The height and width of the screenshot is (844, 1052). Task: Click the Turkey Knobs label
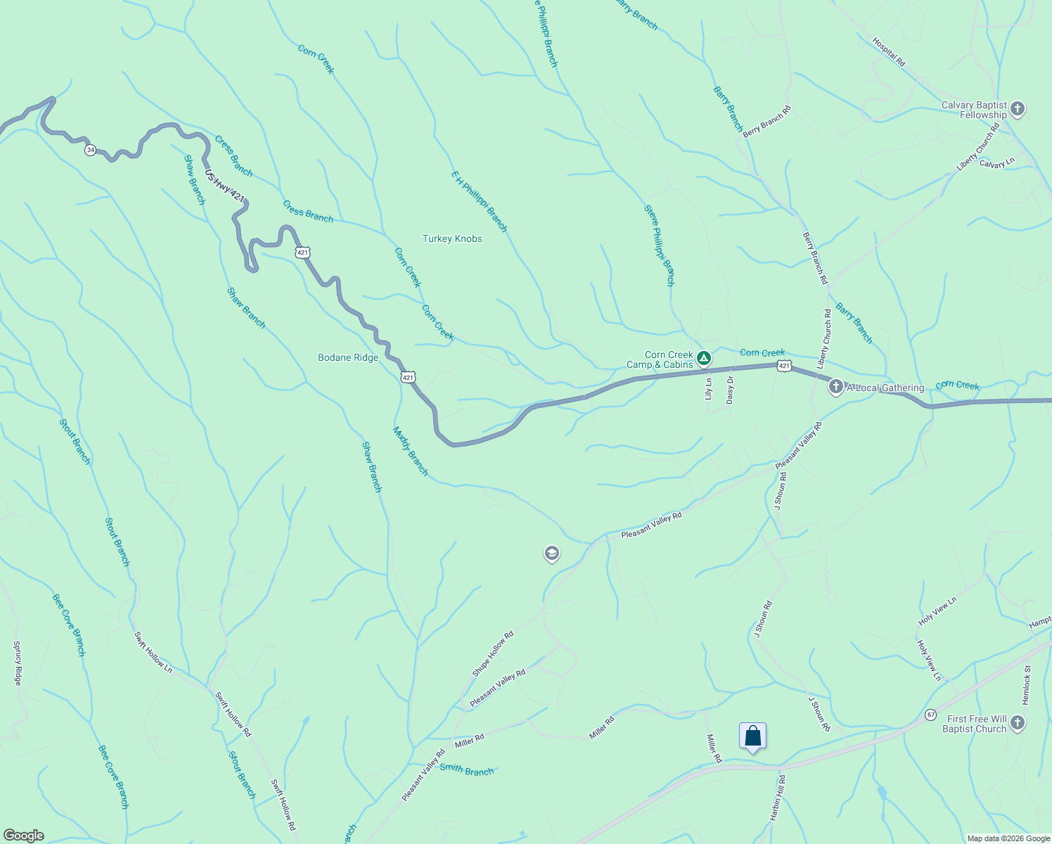coord(452,239)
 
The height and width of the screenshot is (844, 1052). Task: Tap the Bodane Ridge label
coord(348,358)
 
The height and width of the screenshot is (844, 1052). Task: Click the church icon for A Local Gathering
coord(835,387)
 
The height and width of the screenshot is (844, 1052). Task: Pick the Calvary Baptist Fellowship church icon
coord(1017,110)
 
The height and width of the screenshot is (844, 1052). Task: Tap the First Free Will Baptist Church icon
coord(1017,724)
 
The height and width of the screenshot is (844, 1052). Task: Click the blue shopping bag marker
coord(752,736)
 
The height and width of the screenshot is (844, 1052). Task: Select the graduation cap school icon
coord(552,554)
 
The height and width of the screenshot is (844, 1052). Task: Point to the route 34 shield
coord(90,150)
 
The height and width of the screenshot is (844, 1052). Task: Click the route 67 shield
coord(930,715)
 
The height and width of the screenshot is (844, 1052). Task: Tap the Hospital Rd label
coord(889,52)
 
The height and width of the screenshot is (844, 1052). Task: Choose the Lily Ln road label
coord(709,389)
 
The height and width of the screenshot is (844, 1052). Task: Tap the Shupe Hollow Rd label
coord(493,653)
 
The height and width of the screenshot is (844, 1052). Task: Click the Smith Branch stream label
coord(467,769)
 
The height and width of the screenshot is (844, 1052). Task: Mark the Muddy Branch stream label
coord(411,452)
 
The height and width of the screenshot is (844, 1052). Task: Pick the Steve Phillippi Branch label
coord(660,245)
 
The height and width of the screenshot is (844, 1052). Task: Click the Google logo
coord(23,836)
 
